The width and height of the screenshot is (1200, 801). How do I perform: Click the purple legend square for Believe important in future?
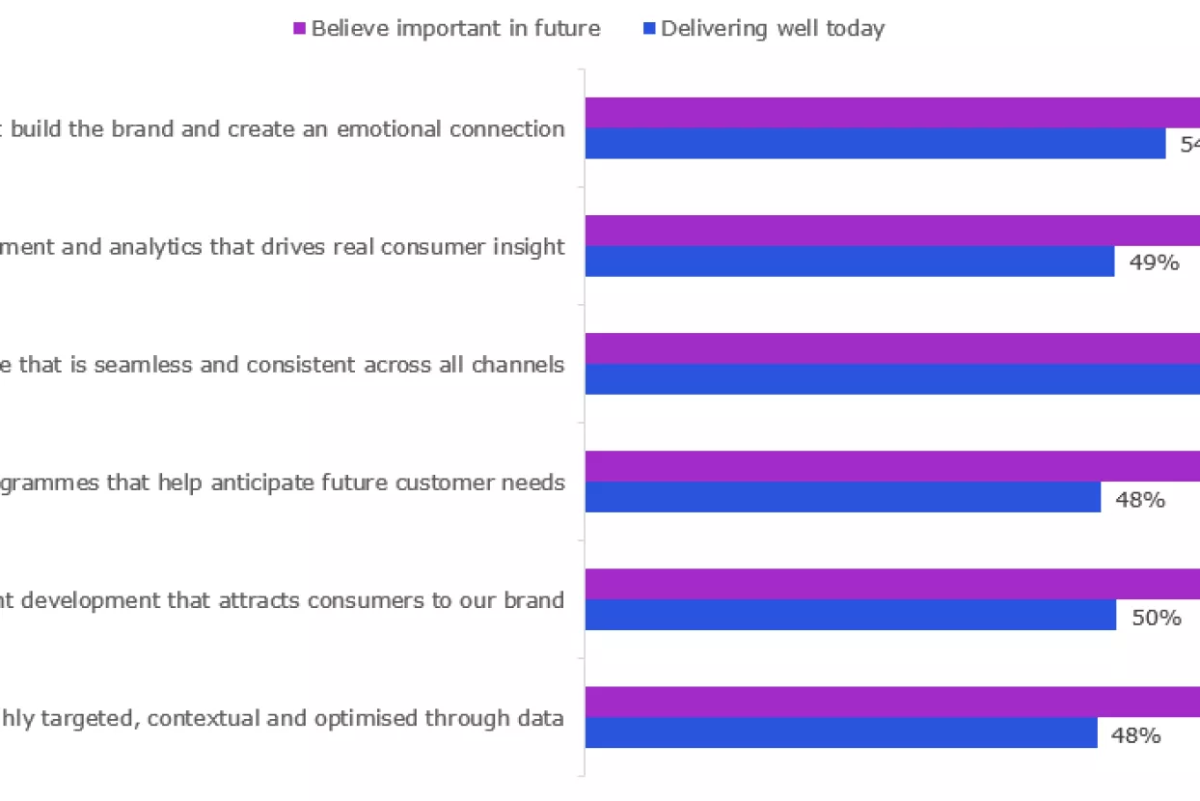[299, 29]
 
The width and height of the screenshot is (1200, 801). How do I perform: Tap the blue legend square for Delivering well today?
[648, 29]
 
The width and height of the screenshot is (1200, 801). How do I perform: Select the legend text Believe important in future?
[455, 29]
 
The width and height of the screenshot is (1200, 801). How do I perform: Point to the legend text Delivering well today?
[773, 29]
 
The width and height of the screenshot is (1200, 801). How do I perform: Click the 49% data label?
[1154, 262]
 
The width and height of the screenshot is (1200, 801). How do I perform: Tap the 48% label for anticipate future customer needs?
[1140, 500]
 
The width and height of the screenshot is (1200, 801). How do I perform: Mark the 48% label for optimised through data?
[1135, 735]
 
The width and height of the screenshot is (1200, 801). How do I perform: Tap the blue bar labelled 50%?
[850, 615]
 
